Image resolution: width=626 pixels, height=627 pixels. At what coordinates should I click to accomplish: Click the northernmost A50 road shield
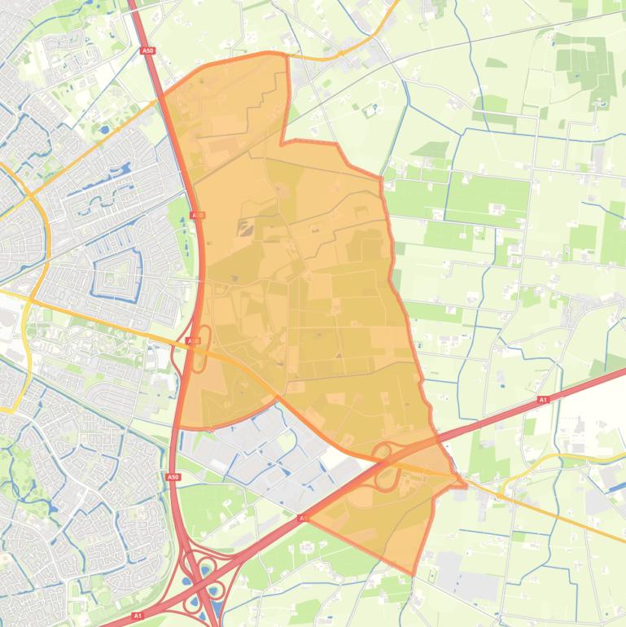click(x=147, y=50)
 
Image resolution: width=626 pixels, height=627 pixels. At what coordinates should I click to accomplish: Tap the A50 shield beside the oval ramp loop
click(x=193, y=340)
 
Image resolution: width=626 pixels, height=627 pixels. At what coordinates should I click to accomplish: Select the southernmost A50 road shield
click(x=173, y=477)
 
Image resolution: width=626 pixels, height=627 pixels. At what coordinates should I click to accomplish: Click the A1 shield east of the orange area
click(x=542, y=401)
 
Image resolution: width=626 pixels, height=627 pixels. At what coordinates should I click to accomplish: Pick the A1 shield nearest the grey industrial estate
click(x=302, y=518)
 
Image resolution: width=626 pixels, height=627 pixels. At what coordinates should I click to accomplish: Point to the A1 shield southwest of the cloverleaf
click(x=137, y=616)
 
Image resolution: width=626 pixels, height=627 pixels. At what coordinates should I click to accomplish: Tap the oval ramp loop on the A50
click(x=202, y=338)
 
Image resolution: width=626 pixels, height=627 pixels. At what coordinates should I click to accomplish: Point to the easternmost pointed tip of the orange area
click(x=466, y=486)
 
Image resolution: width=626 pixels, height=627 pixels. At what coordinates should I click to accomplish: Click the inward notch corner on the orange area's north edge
click(x=282, y=143)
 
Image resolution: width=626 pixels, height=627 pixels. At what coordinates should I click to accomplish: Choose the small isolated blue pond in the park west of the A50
click(x=104, y=129)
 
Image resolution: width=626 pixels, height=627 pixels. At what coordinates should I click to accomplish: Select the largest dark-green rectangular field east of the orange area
click(x=487, y=199)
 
